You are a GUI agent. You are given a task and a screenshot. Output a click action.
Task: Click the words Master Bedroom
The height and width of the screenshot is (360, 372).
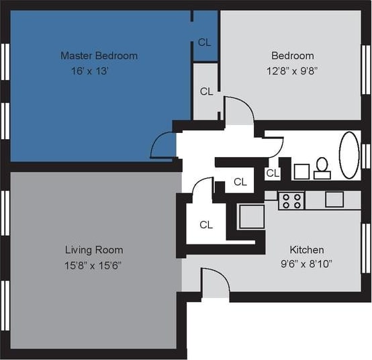coord(99,56)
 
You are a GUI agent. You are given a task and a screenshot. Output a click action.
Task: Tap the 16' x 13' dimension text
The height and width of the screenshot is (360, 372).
coord(90,71)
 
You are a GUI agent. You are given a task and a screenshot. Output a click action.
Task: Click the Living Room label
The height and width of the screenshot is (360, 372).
coord(93,251)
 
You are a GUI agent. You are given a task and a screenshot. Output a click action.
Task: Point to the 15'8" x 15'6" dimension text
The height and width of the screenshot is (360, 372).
coord(93,265)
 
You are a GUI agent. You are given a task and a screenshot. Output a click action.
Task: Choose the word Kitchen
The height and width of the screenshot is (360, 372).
coord(306,249)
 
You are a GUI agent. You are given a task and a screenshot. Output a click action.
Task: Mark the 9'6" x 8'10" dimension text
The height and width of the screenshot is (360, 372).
coord(306,264)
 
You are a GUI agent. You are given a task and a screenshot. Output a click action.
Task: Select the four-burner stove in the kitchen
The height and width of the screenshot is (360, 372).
coord(291,200)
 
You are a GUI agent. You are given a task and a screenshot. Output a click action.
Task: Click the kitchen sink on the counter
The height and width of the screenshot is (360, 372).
coord(334,199)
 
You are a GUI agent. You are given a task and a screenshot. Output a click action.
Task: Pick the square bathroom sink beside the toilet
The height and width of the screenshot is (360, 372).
coord(301,171)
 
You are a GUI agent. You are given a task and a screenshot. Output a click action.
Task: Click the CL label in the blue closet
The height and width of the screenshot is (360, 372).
coord(205,42)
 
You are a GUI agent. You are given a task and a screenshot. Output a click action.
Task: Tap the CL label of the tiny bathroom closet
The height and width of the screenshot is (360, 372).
coord(272,173)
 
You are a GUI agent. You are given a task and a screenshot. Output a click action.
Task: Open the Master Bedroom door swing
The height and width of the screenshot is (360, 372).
coord(163,145)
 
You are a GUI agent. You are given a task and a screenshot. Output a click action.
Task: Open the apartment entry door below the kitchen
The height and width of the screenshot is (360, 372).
coord(215,282)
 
